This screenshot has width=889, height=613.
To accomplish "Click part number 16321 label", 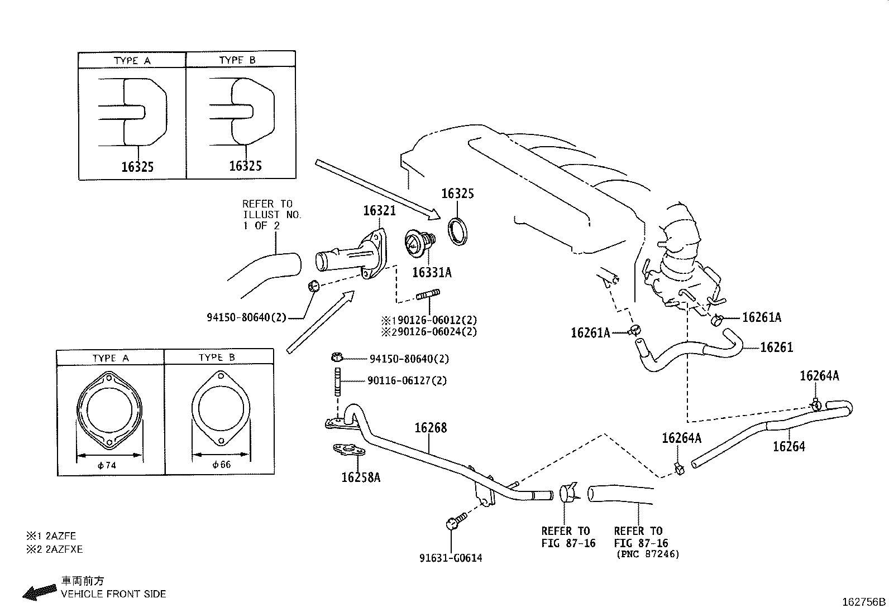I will coord(379,210).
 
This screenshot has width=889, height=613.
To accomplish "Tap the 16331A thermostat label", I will coord(432,272).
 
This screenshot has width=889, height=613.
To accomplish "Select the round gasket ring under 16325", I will coord(459,231).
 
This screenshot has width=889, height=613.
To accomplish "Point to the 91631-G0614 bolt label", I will coord(451,557).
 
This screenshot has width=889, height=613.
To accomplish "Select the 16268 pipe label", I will coord(430,428).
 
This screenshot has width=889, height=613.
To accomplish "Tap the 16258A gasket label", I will coord(360,477).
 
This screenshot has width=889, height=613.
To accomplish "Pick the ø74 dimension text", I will coord(107,465).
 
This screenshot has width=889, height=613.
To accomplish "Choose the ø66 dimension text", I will coord(221,464).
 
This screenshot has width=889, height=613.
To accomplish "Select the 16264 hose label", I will coord(788,446).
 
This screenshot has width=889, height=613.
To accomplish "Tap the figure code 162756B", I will coord(863,602).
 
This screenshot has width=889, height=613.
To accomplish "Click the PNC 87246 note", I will coord(648,554).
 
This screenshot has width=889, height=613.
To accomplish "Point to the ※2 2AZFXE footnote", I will coord(54,549).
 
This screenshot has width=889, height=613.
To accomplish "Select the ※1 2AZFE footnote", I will coord(51,535).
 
